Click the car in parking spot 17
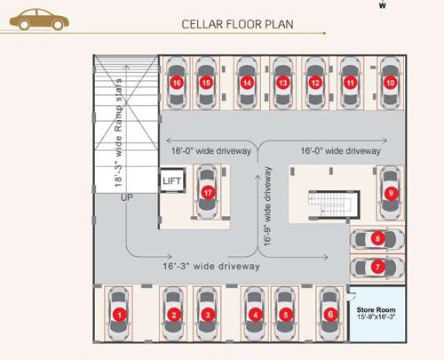pos(208,192)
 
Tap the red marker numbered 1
pos(119,314)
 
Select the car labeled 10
pos(389,83)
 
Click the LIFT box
pos(170,180)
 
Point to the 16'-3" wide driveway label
pos(210,266)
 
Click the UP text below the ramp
pos(126,197)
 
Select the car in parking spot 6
pos(329,314)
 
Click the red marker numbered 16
pos(178,83)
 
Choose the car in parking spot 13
pos(282,83)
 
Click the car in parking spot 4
pos(255,314)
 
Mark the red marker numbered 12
pos(315,83)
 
